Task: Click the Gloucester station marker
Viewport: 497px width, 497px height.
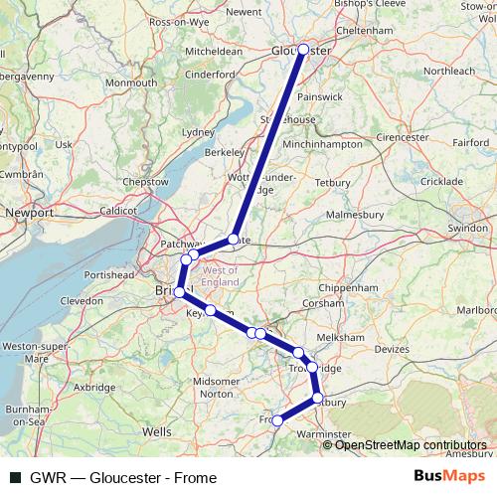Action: pos(303,49)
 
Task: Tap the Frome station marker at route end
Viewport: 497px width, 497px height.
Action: pos(277,420)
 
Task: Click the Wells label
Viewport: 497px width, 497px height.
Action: pos(156,432)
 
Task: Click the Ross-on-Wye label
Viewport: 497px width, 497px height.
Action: pos(180,21)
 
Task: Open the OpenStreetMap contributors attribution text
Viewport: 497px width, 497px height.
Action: pos(410,444)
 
